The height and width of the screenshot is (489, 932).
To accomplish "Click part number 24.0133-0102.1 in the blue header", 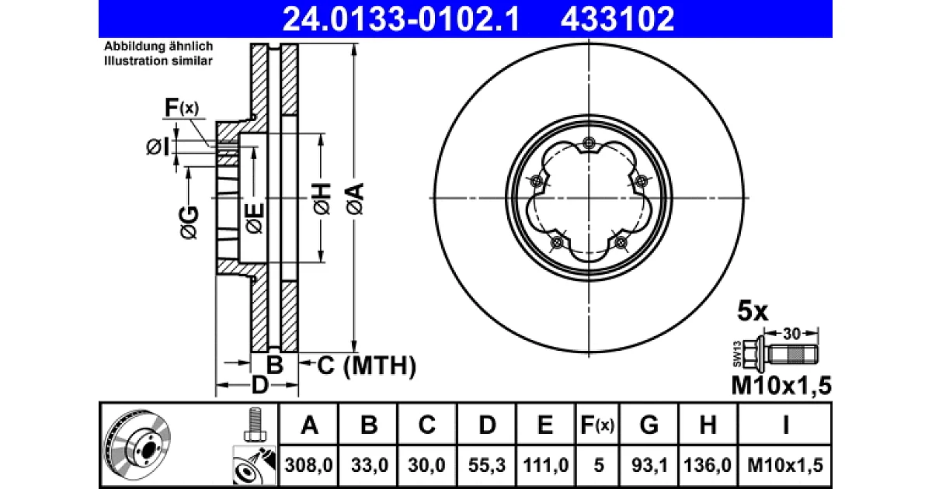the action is click(x=401, y=19).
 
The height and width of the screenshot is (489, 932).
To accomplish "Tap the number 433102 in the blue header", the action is click(x=617, y=19).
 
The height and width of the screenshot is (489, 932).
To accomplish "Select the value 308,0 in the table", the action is click(x=309, y=465).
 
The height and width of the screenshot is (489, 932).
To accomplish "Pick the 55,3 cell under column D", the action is click(x=487, y=465).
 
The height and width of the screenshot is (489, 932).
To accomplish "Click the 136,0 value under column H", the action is click(x=708, y=465).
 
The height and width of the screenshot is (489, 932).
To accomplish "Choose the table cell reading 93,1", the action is click(x=649, y=465).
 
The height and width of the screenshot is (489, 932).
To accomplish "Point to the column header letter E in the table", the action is click(x=545, y=425).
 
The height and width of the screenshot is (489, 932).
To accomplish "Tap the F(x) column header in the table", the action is click(x=597, y=425).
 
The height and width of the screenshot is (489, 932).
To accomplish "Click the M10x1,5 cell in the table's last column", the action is click(x=785, y=465).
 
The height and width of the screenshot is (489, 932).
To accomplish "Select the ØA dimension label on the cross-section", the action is click(x=355, y=199).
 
